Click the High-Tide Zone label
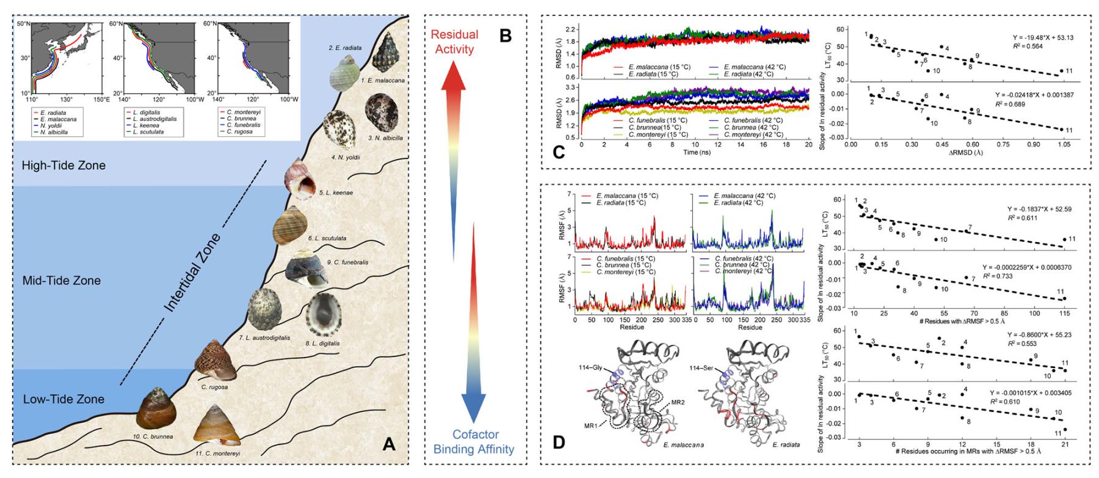(63, 166)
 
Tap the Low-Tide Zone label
(63, 399)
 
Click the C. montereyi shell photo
(216, 425)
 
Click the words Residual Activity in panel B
(453, 42)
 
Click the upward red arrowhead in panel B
(453, 80)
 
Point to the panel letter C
(557, 152)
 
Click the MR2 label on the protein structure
(678, 404)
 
